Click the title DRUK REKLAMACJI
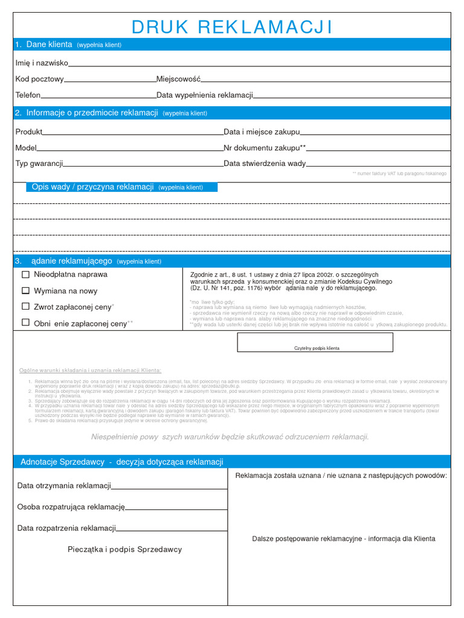[x=232, y=27]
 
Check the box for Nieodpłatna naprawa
[x=25, y=275]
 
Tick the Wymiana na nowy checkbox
[x=25, y=290]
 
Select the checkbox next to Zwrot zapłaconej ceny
[x=25, y=307]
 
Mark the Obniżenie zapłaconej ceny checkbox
[x=25, y=323]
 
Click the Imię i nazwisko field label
[x=42, y=63]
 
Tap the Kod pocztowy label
[x=39, y=79]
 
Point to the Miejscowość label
[x=178, y=79]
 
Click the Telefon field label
[x=28, y=95]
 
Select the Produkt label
[x=28, y=132]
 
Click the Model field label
[x=26, y=148]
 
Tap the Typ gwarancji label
[x=39, y=164]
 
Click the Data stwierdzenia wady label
[x=265, y=164]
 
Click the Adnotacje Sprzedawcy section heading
[x=121, y=462]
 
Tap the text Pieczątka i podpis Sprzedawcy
[x=124, y=550]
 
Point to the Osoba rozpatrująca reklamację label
[x=71, y=507]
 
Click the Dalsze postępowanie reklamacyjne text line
[x=343, y=539]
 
